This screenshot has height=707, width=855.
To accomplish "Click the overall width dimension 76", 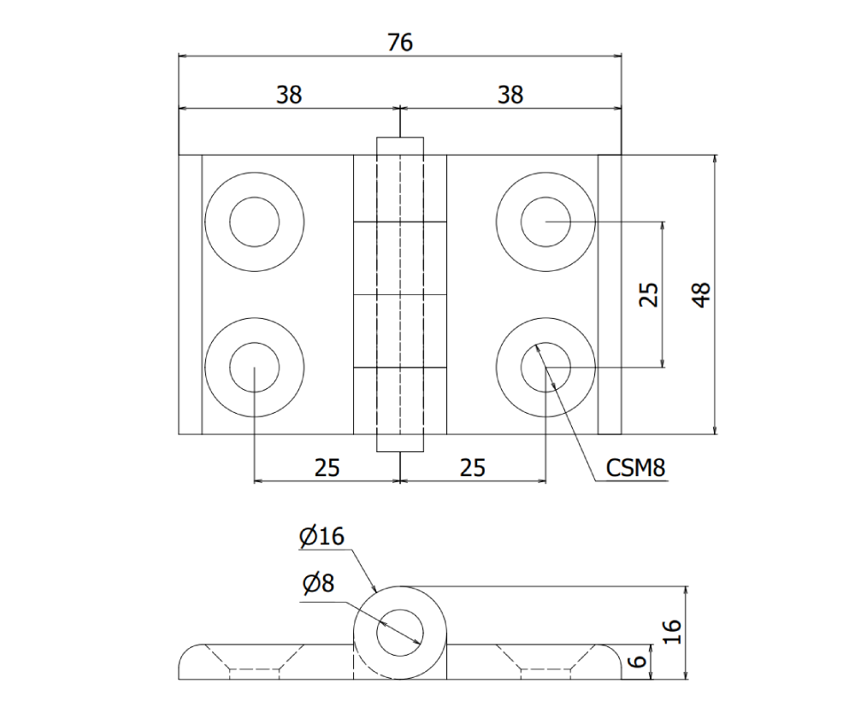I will [x=399, y=42].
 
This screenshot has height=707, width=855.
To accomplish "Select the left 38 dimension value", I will [x=289, y=95].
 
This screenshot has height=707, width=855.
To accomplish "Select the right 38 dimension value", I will [x=510, y=95].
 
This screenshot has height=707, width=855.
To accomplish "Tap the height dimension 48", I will [x=702, y=295].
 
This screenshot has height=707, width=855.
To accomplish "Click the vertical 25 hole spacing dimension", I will [x=650, y=295].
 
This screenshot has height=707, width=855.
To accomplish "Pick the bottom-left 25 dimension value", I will [x=327, y=467].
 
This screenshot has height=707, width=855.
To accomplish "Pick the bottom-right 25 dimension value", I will [x=473, y=467].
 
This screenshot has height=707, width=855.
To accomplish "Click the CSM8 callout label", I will [x=635, y=468].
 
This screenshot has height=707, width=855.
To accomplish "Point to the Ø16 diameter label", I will [x=321, y=537].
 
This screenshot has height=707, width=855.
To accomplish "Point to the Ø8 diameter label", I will [x=317, y=584].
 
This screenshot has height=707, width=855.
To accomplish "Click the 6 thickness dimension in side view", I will [x=634, y=662].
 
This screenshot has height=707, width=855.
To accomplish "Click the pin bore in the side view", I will [x=400, y=633].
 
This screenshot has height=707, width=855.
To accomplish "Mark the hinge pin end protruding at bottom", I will [x=400, y=443].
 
